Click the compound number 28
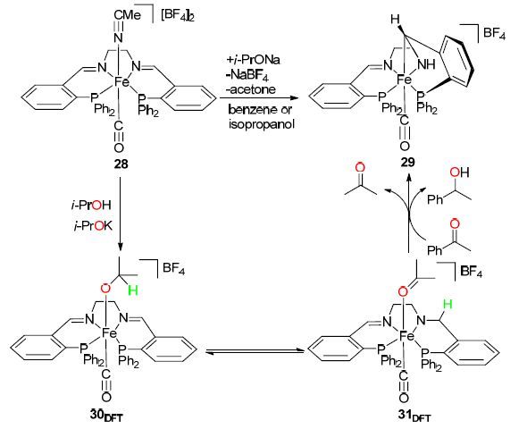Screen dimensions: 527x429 121,164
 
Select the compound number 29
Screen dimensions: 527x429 407,162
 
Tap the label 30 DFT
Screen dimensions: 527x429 106,416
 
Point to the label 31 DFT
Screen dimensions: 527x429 414,416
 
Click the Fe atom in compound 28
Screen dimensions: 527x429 121,81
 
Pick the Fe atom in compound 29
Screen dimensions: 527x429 405,80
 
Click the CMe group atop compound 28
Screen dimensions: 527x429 127,15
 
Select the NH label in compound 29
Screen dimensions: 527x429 427,63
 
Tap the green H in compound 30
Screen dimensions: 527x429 133,290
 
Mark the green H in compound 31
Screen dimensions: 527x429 448,304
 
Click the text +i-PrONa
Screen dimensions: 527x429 254,60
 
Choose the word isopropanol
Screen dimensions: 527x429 262,124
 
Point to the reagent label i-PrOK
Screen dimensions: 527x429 92,227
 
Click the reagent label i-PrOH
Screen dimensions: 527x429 91,205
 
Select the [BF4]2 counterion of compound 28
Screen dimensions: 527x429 178,16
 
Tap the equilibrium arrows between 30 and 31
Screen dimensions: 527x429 255,351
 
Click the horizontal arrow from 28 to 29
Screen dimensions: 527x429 259,97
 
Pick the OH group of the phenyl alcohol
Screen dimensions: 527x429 459,172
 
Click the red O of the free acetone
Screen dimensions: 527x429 360,167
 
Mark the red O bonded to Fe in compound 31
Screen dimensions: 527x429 404,291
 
